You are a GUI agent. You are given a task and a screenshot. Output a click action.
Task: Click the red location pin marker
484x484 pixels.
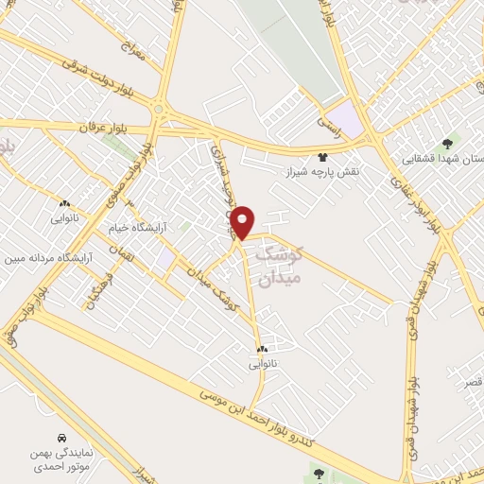pos(243,221)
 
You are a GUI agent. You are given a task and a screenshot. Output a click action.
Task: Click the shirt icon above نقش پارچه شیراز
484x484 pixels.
pos(323,158)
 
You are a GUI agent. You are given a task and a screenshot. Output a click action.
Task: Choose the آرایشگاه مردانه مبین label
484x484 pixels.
pos(46,258)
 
